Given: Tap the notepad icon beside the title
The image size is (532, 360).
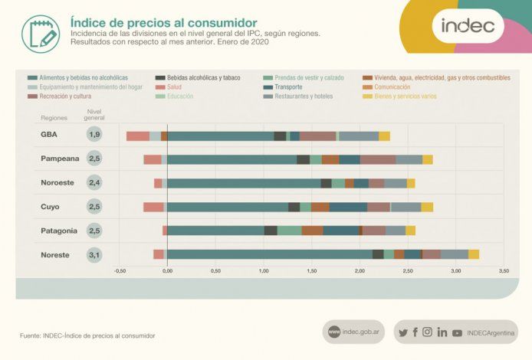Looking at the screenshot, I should (40, 33).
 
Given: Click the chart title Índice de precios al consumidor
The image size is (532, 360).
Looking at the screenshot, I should (163, 23).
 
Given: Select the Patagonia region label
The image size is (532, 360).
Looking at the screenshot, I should (58, 231).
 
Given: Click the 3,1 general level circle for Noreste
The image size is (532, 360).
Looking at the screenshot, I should (94, 254).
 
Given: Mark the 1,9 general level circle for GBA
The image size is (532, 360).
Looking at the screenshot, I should (94, 135).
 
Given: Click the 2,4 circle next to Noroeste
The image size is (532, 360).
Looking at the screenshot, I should (94, 183).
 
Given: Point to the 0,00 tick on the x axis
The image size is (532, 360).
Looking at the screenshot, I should (167, 271).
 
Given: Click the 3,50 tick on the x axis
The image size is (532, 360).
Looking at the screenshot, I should (504, 271).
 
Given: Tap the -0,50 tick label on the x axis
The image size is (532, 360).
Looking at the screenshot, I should (120, 271).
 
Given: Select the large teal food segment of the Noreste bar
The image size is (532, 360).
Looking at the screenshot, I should (269, 254).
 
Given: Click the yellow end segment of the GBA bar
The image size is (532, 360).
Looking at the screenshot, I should (384, 136).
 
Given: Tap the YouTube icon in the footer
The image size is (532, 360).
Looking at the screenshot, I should (457, 332).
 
